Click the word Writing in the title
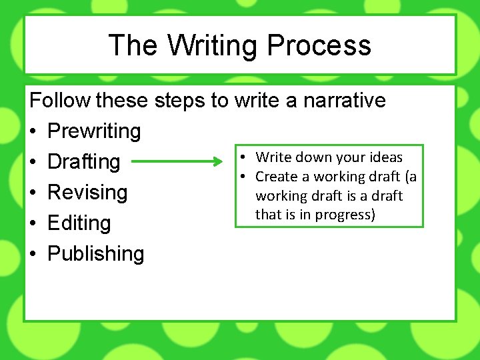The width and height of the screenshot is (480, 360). coord(213,46)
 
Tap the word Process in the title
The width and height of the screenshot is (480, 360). coord(319,46)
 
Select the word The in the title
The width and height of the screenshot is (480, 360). coord(133,46)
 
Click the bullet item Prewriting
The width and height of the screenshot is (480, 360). coord(94,131)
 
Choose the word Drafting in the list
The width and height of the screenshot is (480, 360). coord(84,162)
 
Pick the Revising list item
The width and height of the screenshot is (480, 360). coord(87,193)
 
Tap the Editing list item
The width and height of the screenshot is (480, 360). coord(79,223)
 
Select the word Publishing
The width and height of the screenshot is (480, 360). coord(95,254)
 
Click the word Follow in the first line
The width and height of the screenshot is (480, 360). coord(61,101)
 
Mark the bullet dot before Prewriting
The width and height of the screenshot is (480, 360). coord(35,132)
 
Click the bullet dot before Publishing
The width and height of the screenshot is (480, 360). coord(35,255)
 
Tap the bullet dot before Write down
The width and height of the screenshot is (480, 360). coord(245,157)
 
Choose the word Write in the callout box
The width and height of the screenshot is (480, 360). coord(274,157)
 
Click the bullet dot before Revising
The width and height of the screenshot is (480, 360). coord(35,193)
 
